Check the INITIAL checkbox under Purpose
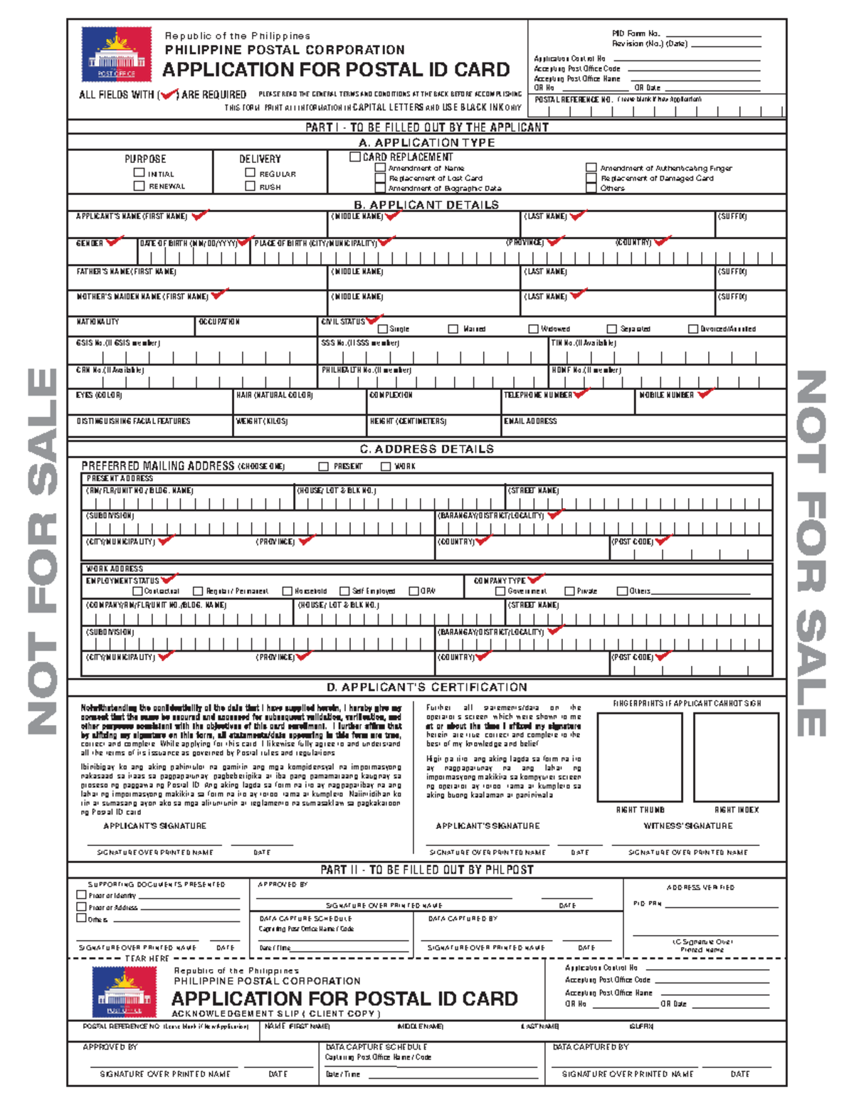point(139,172)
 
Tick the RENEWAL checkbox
point(139,186)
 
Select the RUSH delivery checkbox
point(250,186)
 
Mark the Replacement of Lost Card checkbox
point(381,178)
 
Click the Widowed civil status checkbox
point(533,329)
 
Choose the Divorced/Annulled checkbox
point(692,329)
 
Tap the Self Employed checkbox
point(344,591)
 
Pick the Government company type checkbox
point(500,591)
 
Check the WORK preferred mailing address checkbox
point(386,466)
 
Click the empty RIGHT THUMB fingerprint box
point(640,756)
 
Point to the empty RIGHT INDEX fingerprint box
point(736,756)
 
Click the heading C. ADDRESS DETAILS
point(427,449)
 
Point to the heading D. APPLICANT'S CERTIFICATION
point(427,687)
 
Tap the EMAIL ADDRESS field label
point(530,421)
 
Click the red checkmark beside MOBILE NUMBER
point(705,393)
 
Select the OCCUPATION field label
point(219,322)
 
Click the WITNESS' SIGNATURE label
point(687,826)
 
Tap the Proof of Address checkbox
point(81,906)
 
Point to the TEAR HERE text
point(147,958)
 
